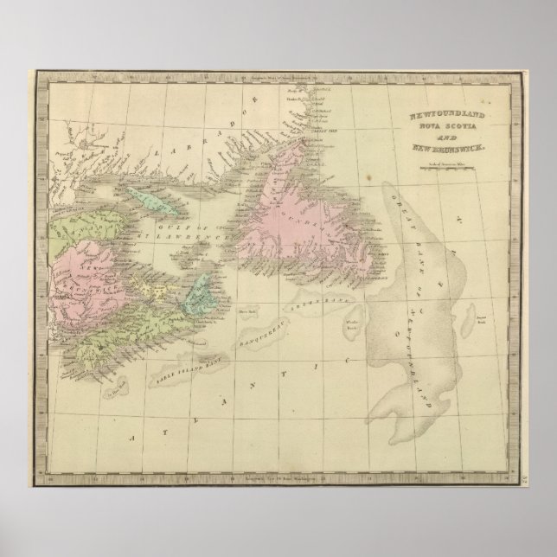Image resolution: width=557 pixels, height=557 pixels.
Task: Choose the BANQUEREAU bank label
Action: tap(260, 329)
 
